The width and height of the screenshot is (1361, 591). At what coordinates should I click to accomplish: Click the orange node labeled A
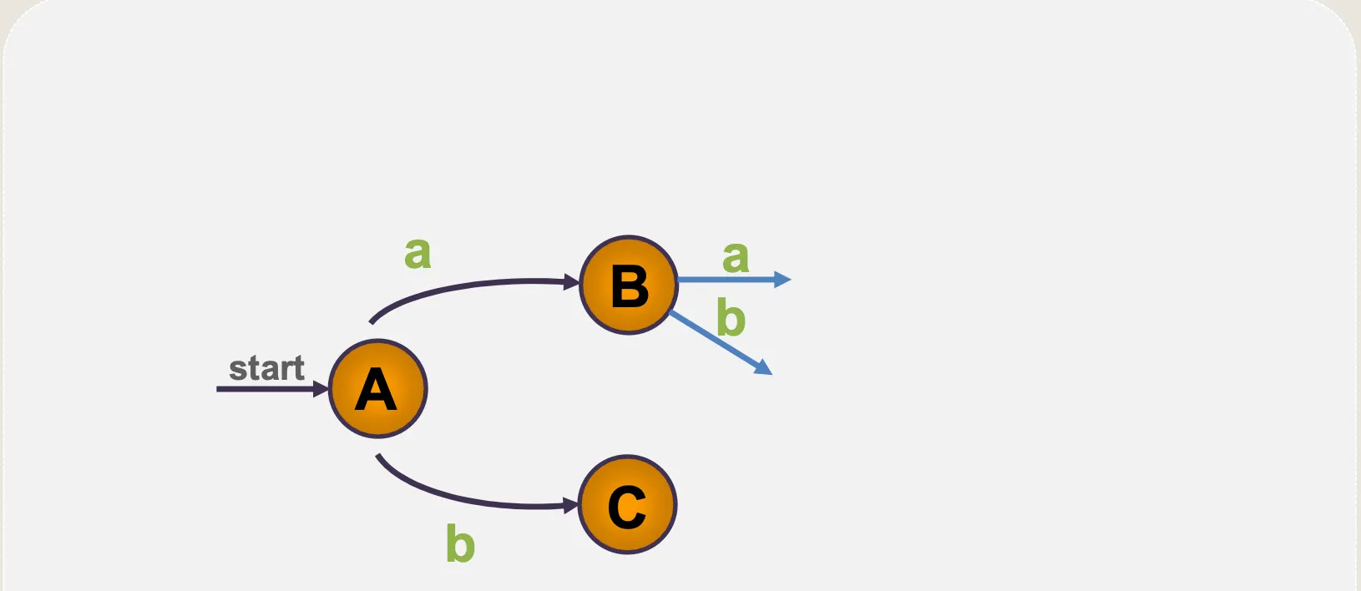pyautogui.click(x=377, y=388)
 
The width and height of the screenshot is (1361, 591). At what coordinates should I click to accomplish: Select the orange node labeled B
pyautogui.click(x=629, y=285)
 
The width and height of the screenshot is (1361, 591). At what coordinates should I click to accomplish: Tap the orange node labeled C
pyautogui.click(x=627, y=504)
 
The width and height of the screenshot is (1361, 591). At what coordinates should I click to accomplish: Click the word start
pyautogui.click(x=266, y=368)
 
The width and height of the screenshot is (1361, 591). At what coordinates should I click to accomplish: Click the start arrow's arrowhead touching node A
pyautogui.click(x=321, y=389)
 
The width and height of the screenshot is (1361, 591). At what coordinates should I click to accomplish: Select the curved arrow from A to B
pyautogui.click(x=468, y=288)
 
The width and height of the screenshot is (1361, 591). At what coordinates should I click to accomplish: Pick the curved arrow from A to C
pyautogui.click(x=468, y=499)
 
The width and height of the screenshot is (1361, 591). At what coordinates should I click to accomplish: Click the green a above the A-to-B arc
pyautogui.click(x=417, y=252)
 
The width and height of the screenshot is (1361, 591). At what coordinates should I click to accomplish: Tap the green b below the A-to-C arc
pyautogui.click(x=460, y=543)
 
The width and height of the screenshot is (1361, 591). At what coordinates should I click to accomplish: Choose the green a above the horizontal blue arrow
pyautogui.click(x=736, y=256)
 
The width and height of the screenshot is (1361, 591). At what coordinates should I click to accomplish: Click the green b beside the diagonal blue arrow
pyautogui.click(x=731, y=318)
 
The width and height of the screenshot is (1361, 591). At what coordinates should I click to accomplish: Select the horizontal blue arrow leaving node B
pyautogui.click(x=726, y=280)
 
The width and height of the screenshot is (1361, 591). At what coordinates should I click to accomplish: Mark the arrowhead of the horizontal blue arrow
pyautogui.click(x=782, y=280)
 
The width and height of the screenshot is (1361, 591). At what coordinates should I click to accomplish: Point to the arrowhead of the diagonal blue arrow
pyautogui.click(x=763, y=367)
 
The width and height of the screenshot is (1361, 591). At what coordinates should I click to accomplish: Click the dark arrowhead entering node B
pyautogui.click(x=572, y=283)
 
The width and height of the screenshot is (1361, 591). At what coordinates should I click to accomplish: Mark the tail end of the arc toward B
pyautogui.click(x=372, y=321)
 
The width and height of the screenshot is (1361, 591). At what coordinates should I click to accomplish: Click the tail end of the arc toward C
pyautogui.click(x=378, y=456)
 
